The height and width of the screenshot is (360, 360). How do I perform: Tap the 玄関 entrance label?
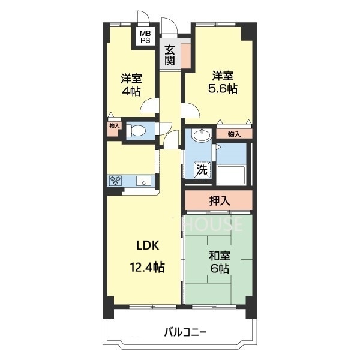coord(170,55)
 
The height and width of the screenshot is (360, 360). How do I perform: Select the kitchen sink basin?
coord(145,180)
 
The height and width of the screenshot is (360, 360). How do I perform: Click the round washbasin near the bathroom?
coord(200,136)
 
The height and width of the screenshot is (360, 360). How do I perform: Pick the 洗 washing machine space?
coord(202,170)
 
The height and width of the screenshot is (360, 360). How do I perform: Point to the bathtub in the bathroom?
coord(231,176)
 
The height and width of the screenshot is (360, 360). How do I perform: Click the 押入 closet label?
coord(219,201)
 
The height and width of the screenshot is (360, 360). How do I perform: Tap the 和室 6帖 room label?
coord(219,262)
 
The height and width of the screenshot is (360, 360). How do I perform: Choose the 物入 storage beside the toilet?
coord(115,126)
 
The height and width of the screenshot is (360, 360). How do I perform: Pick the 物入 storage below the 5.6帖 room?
coord(234,134)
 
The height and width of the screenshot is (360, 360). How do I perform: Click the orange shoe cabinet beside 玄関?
coord(186,55)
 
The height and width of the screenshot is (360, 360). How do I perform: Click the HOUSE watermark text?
coord(213,225)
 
